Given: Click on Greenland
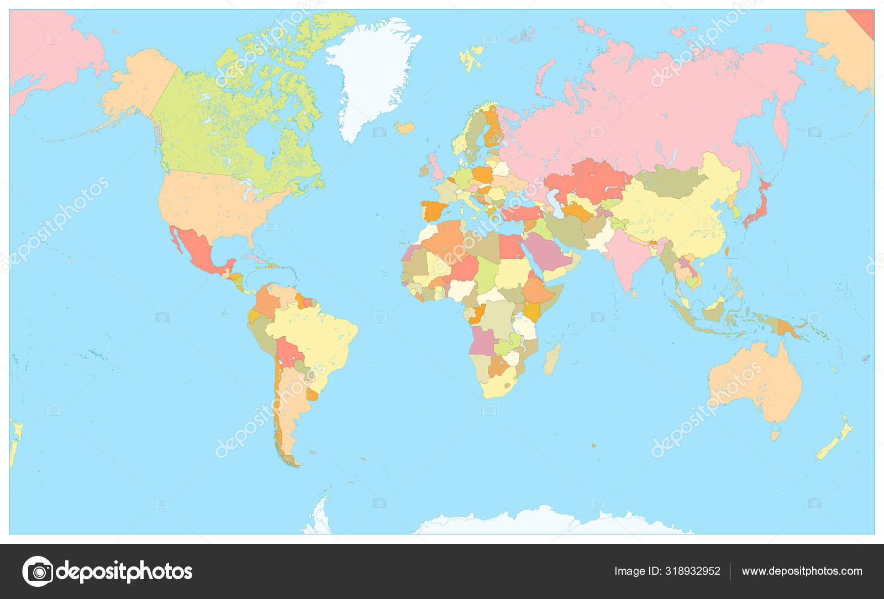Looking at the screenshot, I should click(373, 72).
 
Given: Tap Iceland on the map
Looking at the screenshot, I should click(405, 128).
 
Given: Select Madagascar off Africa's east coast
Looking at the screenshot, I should click(552, 359).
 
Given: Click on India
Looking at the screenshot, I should click(627, 254).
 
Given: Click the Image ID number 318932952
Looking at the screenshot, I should click(667, 571).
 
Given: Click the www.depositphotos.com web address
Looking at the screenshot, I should click(802, 571).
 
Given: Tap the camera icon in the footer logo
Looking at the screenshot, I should click(38, 571).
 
